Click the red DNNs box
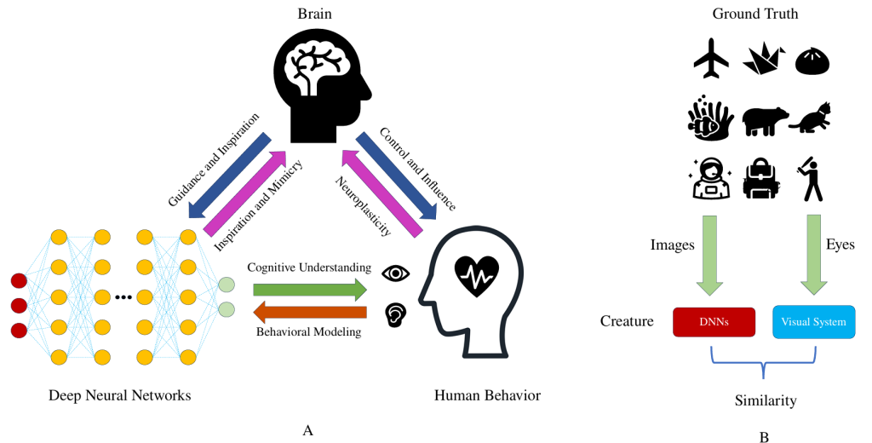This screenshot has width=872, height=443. [x=714, y=322]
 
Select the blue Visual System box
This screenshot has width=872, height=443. [x=813, y=322]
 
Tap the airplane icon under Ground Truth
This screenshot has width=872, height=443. [x=712, y=58]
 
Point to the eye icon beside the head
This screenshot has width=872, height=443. [x=396, y=273]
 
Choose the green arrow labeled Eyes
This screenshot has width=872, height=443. [x=813, y=251]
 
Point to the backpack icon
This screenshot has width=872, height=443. [x=761, y=178]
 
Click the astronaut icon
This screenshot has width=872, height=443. [x=710, y=178]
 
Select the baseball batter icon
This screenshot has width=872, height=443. [x=811, y=178]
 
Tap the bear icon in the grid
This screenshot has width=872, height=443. [x=763, y=120]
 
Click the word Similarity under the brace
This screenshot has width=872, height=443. [x=764, y=400]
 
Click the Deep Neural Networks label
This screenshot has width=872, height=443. [x=119, y=395]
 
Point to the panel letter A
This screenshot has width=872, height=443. [x=308, y=430]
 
